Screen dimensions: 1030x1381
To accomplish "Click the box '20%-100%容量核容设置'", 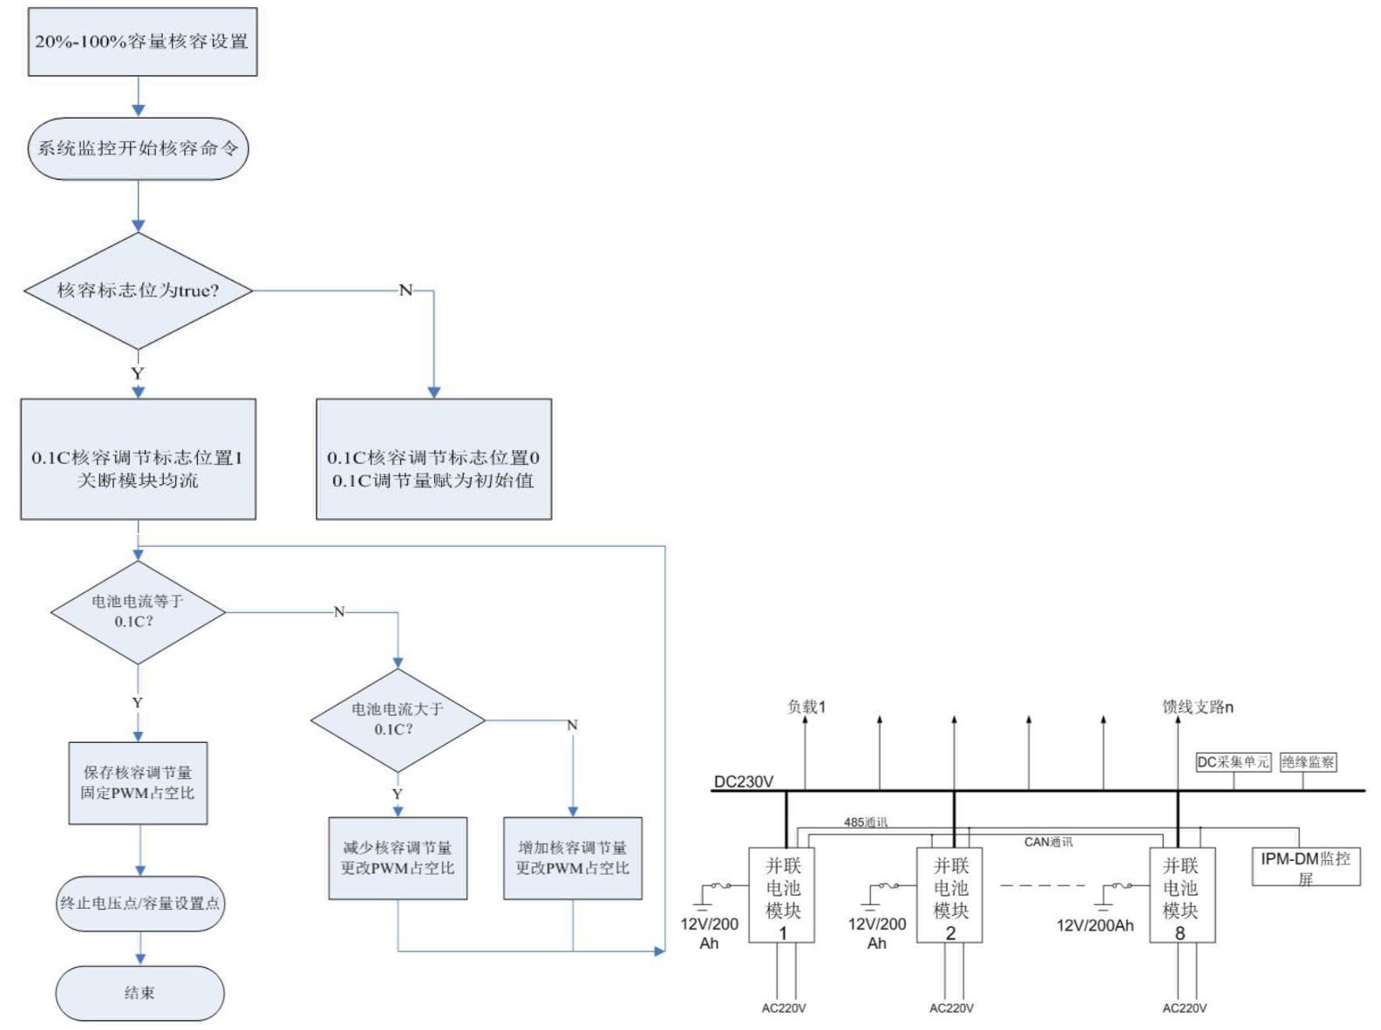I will pos(142,42).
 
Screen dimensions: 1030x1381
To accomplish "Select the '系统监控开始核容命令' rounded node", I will pos(138,148).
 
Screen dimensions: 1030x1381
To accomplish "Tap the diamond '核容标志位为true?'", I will pos(138,290).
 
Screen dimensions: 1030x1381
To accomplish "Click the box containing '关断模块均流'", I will pos(138,460).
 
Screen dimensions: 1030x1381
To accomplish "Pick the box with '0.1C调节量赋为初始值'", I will pos(433,460).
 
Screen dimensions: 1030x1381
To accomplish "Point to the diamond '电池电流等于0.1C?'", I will pos(138,611).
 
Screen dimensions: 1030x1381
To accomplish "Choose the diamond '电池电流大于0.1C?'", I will pos(398,720).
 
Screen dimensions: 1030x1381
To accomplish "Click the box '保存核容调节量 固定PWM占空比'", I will pos(138,783).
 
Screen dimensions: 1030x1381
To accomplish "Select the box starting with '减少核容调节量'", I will pos(398,858).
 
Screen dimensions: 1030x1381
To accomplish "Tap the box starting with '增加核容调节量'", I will pos(573,858).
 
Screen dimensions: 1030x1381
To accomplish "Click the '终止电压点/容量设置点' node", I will pos(139,904).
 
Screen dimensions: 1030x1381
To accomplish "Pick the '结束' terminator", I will pos(139,992).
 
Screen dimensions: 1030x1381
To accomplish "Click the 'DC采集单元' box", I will pos(1233,762).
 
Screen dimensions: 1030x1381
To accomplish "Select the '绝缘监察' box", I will pos(1308,762).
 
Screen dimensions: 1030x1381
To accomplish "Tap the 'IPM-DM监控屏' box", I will pos(1305,867).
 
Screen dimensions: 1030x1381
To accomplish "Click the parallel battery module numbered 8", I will pos(1180,895).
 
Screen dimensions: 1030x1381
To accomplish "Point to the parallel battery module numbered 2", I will pos(949,895).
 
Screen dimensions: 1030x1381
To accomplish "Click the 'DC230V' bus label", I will pos(743,781).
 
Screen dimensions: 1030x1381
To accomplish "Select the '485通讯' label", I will pos(865,822).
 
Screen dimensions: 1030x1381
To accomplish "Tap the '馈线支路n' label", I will pos(1197,707).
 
